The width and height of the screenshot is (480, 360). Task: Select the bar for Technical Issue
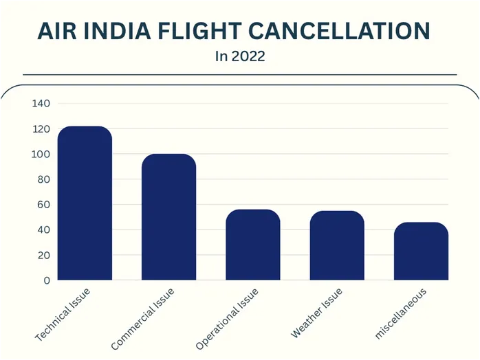click(x=85, y=203)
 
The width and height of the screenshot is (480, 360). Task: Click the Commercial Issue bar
click(x=168, y=217)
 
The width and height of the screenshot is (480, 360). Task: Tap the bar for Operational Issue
click(x=253, y=245)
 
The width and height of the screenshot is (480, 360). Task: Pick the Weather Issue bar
click(x=337, y=246)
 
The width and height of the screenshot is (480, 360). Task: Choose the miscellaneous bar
click(x=421, y=251)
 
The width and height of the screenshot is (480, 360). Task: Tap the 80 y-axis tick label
click(x=44, y=179)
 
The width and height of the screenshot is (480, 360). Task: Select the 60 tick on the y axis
click(x=44, y=205)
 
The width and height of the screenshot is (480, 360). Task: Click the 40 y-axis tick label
click(x=44, y=230)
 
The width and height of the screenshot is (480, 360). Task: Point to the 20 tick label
click(x=44, y=256)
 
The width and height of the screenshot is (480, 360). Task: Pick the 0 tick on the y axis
click(x=47, y=280)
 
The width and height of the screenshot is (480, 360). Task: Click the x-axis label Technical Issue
click(x=63, y=315)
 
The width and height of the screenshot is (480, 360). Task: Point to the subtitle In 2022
click(x=240, y=56)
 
